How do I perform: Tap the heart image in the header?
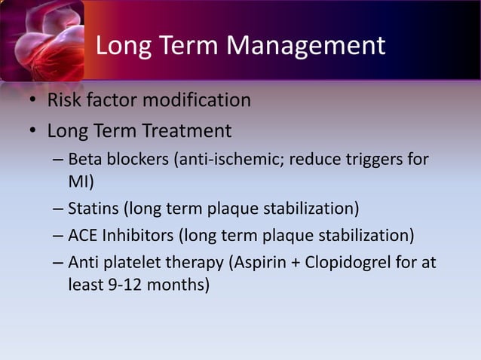41,41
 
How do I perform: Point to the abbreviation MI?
80,182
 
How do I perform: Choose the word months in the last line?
176,285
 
